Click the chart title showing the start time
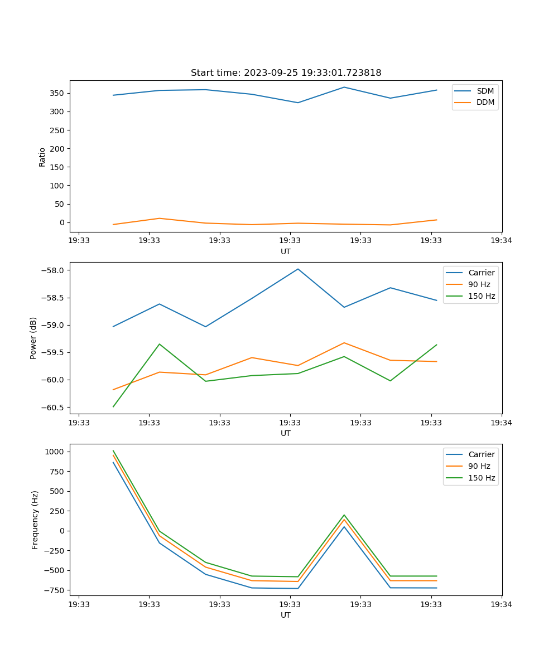point(286,73)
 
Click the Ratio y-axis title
point(42,157)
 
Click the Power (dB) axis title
point(33,338)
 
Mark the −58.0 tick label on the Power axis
point(53,270)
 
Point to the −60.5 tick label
point(53,407)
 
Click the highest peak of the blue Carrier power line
point(298,269)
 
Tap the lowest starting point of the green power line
point(113,406)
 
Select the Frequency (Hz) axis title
point(35,520)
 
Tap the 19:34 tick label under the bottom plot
point(502,604)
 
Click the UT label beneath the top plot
point(286,251)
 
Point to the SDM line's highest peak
point(344,87)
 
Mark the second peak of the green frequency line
point(344,515)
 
